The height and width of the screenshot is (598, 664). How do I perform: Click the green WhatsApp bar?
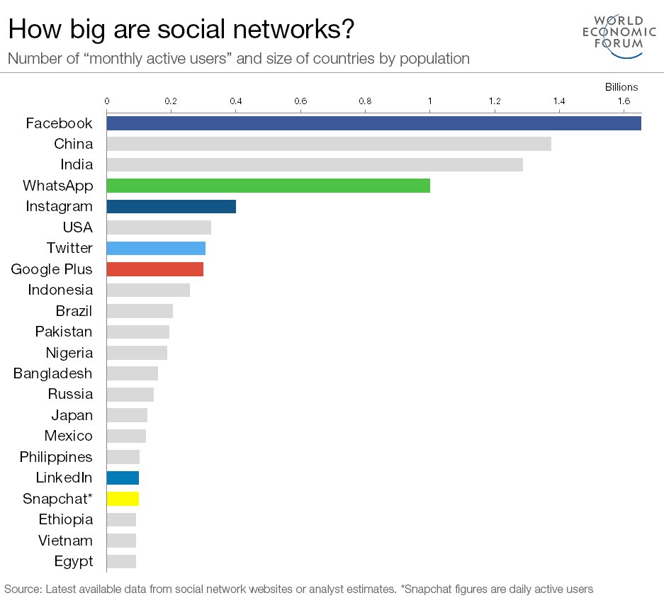tap(268, 186)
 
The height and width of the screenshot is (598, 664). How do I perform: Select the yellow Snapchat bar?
tap(123, 498)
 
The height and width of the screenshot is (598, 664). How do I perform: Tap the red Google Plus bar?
tap(154, 269)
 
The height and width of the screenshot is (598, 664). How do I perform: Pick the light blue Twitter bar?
tap(156, 248)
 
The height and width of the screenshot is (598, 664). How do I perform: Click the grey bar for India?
tap(314, 165)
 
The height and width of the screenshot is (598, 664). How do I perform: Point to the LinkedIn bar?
tap(123, 478)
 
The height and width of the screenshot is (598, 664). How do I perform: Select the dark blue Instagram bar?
tap(171, 207)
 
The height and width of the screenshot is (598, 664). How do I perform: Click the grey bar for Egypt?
tap(121, 562)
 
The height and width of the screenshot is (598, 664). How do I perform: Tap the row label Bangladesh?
tap(52, 373)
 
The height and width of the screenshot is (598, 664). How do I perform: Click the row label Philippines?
tap(56, 457)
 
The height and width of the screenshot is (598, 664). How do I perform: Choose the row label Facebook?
tap(59, 123)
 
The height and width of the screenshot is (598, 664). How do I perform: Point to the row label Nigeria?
tap(69, 353)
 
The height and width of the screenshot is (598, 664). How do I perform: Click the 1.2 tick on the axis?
tap(494, 101)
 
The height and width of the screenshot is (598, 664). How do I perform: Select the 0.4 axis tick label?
tap(235, 101)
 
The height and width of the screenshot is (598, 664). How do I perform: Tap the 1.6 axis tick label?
tap(624, 101)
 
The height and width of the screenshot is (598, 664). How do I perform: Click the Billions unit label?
tap(621, 87)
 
